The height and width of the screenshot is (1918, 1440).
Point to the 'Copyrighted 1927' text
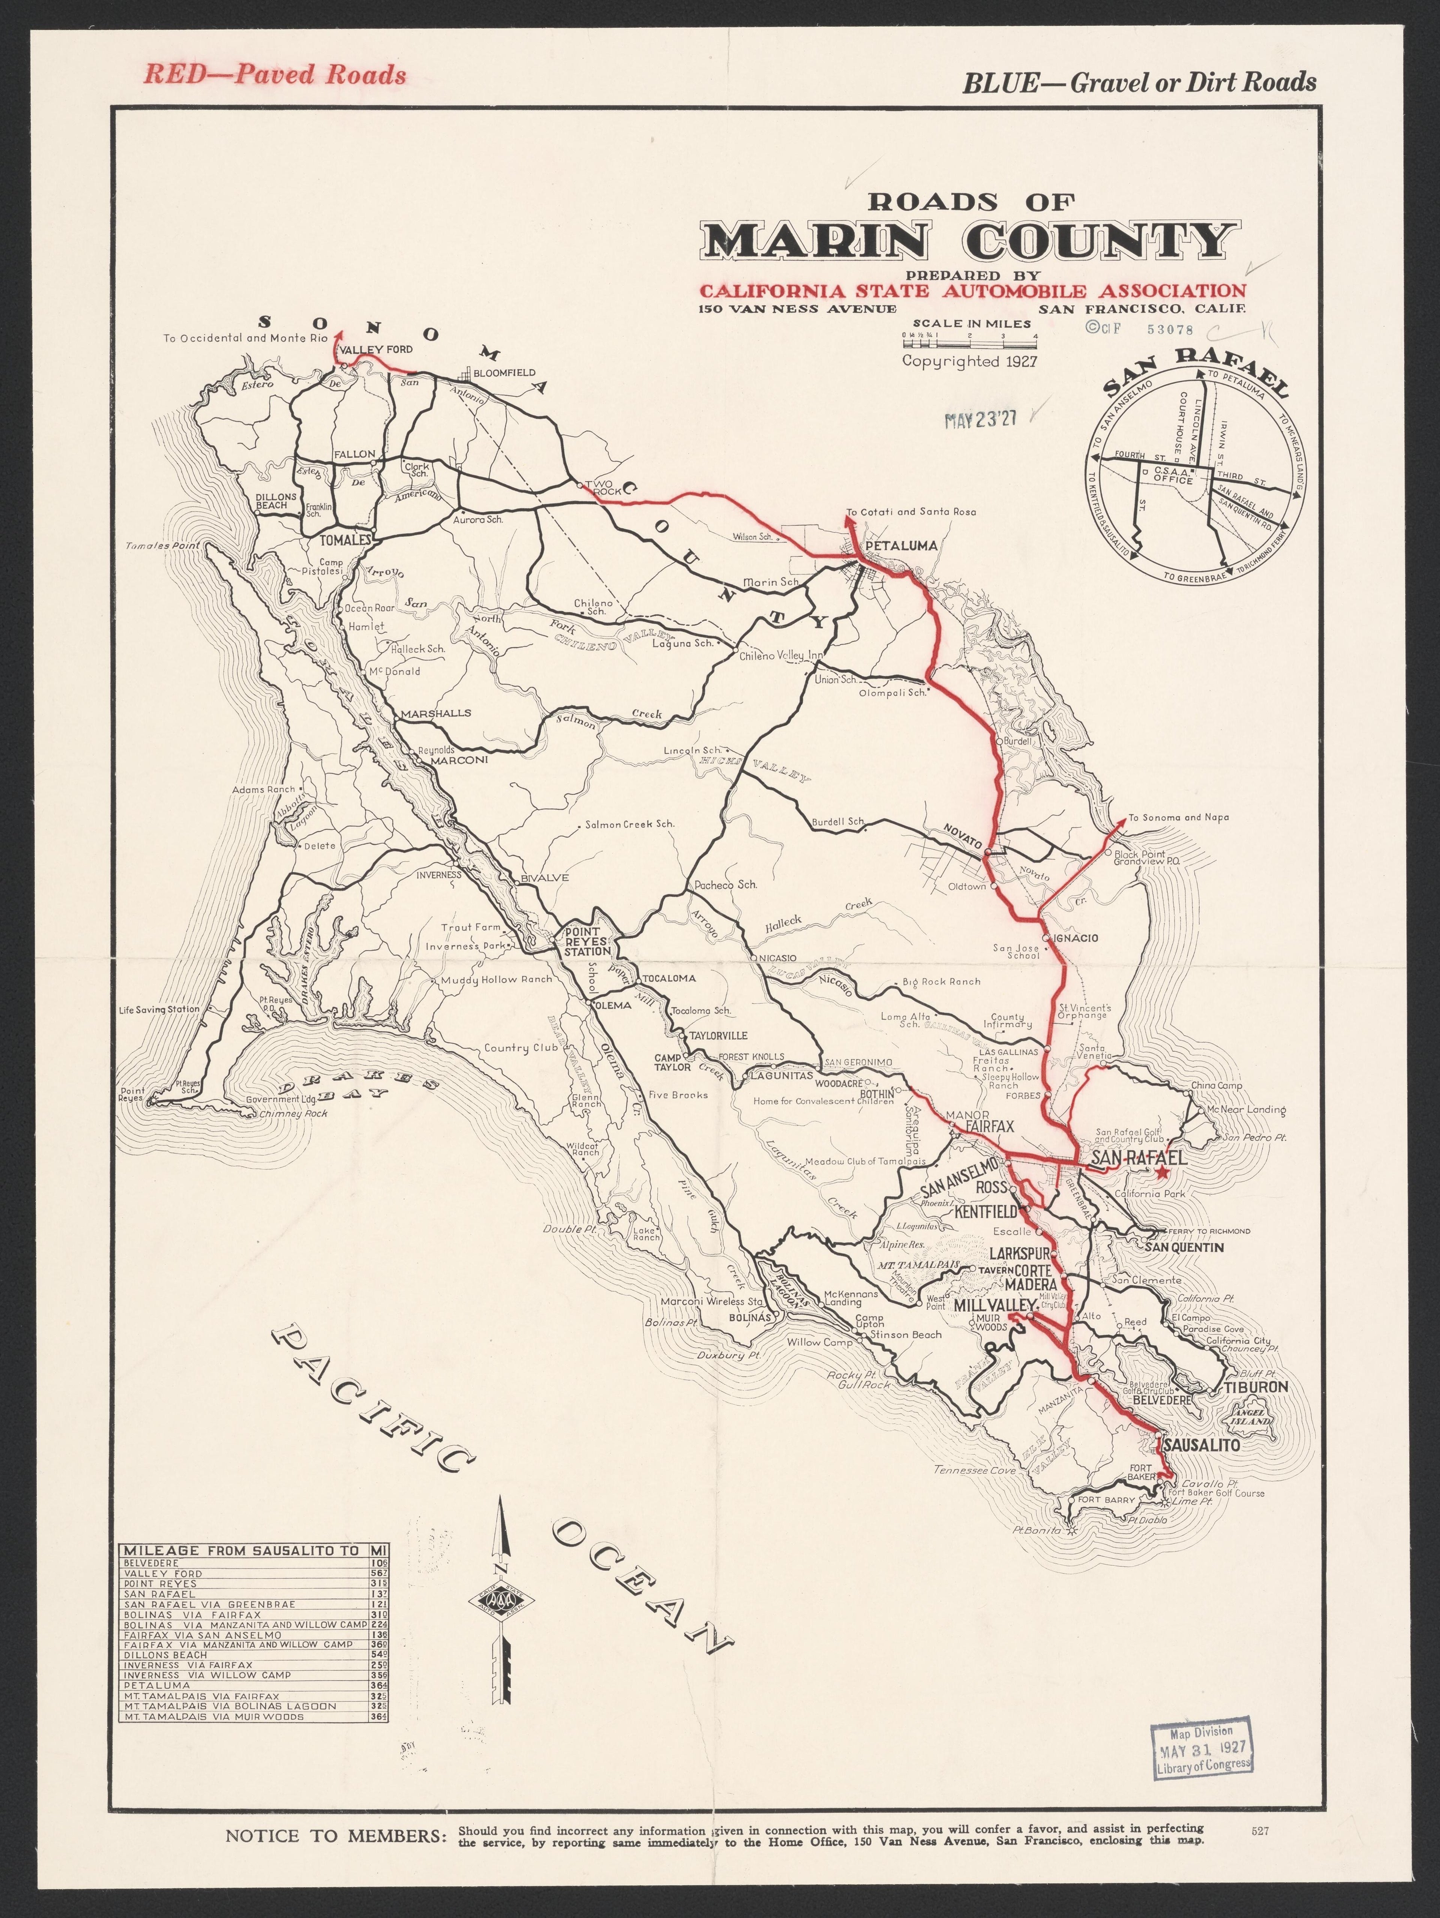pyautogui.click(x=970, y=362)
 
